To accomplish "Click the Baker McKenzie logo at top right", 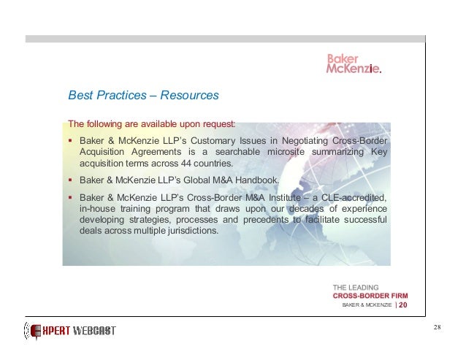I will pos(353,64).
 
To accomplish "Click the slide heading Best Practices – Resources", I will pos(143,95).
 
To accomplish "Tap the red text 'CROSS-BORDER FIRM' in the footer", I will pos(371,296).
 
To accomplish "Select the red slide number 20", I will pos(403,305).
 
